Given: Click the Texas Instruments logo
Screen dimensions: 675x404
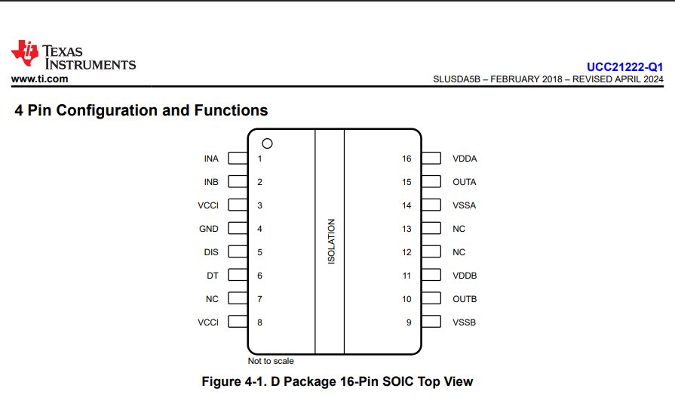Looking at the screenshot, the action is [73, 55].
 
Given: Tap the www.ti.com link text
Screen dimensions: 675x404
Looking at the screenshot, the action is [40, 79].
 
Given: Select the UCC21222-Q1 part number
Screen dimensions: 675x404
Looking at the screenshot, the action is [624, 67].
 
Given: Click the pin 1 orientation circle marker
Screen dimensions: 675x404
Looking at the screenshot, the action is [267, 143].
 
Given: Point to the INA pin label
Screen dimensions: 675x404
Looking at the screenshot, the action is [211, 159].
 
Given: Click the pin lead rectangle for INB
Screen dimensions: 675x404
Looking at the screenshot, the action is [238, 181].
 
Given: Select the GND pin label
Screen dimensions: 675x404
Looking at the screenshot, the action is [209, 229].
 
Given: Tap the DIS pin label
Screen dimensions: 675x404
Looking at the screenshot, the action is [211, 252].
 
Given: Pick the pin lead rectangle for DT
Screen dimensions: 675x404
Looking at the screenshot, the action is [238, 275].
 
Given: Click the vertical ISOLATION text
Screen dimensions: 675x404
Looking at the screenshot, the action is [331, 242].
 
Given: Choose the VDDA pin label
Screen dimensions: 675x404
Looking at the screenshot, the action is [465, 159].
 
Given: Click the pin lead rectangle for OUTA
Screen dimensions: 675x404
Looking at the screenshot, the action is [431, 181].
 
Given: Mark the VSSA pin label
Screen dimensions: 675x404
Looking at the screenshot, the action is [464, 205].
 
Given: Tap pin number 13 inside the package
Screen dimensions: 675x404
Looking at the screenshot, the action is [407, 229].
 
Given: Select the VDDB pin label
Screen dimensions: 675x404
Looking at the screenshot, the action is [465, 276].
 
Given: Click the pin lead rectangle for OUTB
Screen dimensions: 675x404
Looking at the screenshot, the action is [431, 298].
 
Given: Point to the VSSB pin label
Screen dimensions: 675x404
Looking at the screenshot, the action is [464, 322].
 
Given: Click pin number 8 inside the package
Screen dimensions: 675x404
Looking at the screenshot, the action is [260, 322].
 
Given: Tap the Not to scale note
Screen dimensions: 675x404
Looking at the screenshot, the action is [271, 361].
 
